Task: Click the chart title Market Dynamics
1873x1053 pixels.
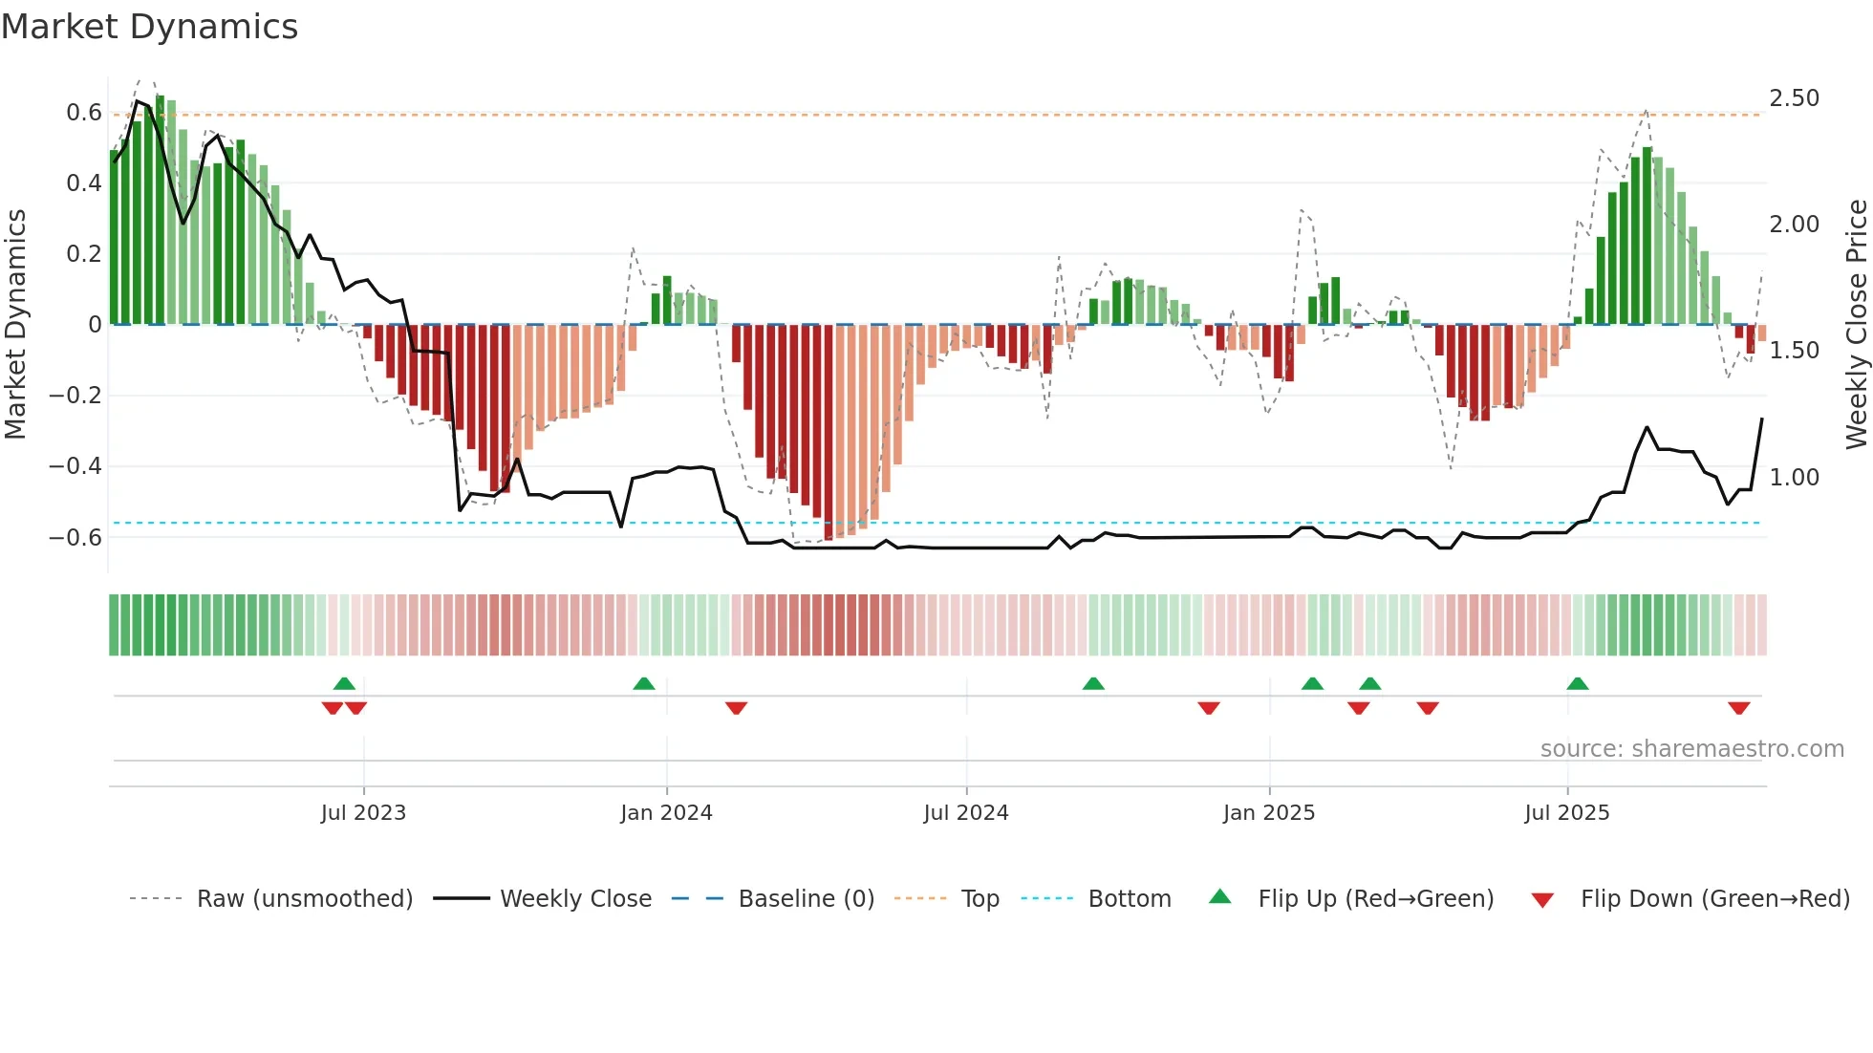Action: tap(149, 27)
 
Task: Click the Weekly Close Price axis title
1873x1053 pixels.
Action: tap(1856, 325)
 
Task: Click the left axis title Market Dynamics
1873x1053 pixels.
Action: tap(15, 325)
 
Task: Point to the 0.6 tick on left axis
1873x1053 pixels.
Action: tap(84, 113)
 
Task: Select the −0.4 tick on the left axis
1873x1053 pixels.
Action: tap(75, 466)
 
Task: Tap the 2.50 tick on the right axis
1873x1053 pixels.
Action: tap(1794, 98)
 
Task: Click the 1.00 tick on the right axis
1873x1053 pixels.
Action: tap(1794, 477)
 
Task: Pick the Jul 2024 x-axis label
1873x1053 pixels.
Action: tap(965, 813)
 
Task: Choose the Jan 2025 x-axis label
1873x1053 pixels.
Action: tap(1268, 813)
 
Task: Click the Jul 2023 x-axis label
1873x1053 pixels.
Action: tap(363, 813)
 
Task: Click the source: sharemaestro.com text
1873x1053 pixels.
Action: tap(1691, 749)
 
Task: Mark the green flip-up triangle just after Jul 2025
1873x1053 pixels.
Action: tap(1577, 684)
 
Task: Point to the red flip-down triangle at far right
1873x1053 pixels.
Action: tap(1738, 708)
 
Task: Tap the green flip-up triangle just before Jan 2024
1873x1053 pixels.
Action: tap(644, 684)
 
